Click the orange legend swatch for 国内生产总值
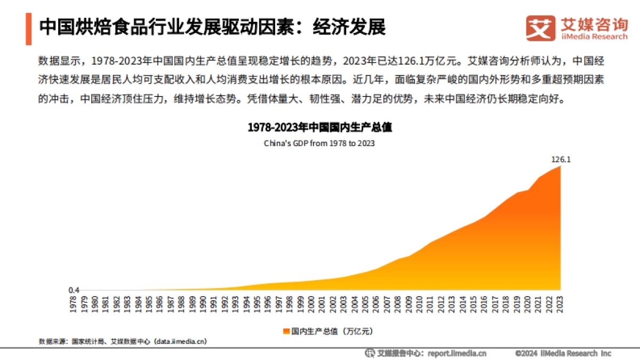pos(286,331)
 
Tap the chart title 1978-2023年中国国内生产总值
pos(319,128)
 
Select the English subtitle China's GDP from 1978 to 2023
pos(319,143)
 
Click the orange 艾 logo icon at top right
pos(540,28)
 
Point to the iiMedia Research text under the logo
pos(594,37)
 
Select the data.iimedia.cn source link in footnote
pos(181,341)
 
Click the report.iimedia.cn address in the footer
pos(458,353)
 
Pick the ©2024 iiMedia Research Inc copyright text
pos(563,353)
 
